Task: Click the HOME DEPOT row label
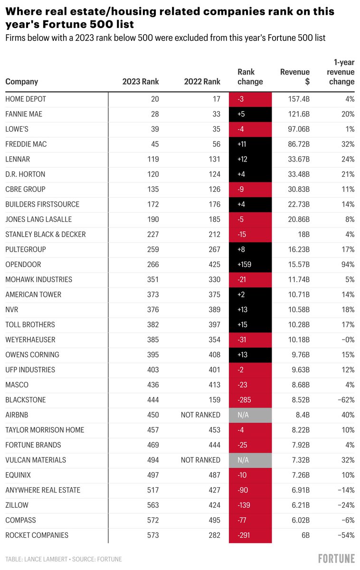tap(26, 99)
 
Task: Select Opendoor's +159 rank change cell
tap(250, 264)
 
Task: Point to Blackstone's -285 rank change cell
tap(250, 399)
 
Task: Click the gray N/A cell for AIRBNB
tap(250, 415)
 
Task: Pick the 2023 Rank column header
tap(141, 81)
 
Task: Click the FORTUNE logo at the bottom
tap(336, 558)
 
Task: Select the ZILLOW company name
tap(17, 505)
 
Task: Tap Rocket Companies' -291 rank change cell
tap(250, 535)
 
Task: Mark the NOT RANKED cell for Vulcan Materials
tap(200, 460)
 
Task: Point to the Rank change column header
tap(250, 76)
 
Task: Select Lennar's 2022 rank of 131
tap(214, 159)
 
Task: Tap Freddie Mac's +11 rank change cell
tap(250, 144)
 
